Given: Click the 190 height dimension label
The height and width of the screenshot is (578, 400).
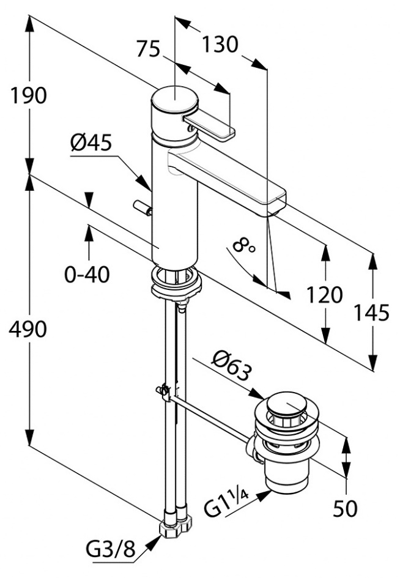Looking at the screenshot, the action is (28, 96).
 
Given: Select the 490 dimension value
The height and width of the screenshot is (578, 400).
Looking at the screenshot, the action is (28, 329).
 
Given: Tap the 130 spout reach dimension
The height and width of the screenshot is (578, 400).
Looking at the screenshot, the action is (220, 45).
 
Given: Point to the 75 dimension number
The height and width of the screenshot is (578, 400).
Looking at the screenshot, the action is (148, 49).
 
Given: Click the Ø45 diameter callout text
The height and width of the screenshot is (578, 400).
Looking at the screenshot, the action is (91, 142).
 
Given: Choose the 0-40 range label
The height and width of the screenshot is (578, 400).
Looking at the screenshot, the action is (87, 274).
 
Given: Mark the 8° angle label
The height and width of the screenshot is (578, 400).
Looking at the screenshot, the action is (243, 245).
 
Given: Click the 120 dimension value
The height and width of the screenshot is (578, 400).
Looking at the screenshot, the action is (325, 295).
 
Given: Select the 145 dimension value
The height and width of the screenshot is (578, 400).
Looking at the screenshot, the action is (372, 313).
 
